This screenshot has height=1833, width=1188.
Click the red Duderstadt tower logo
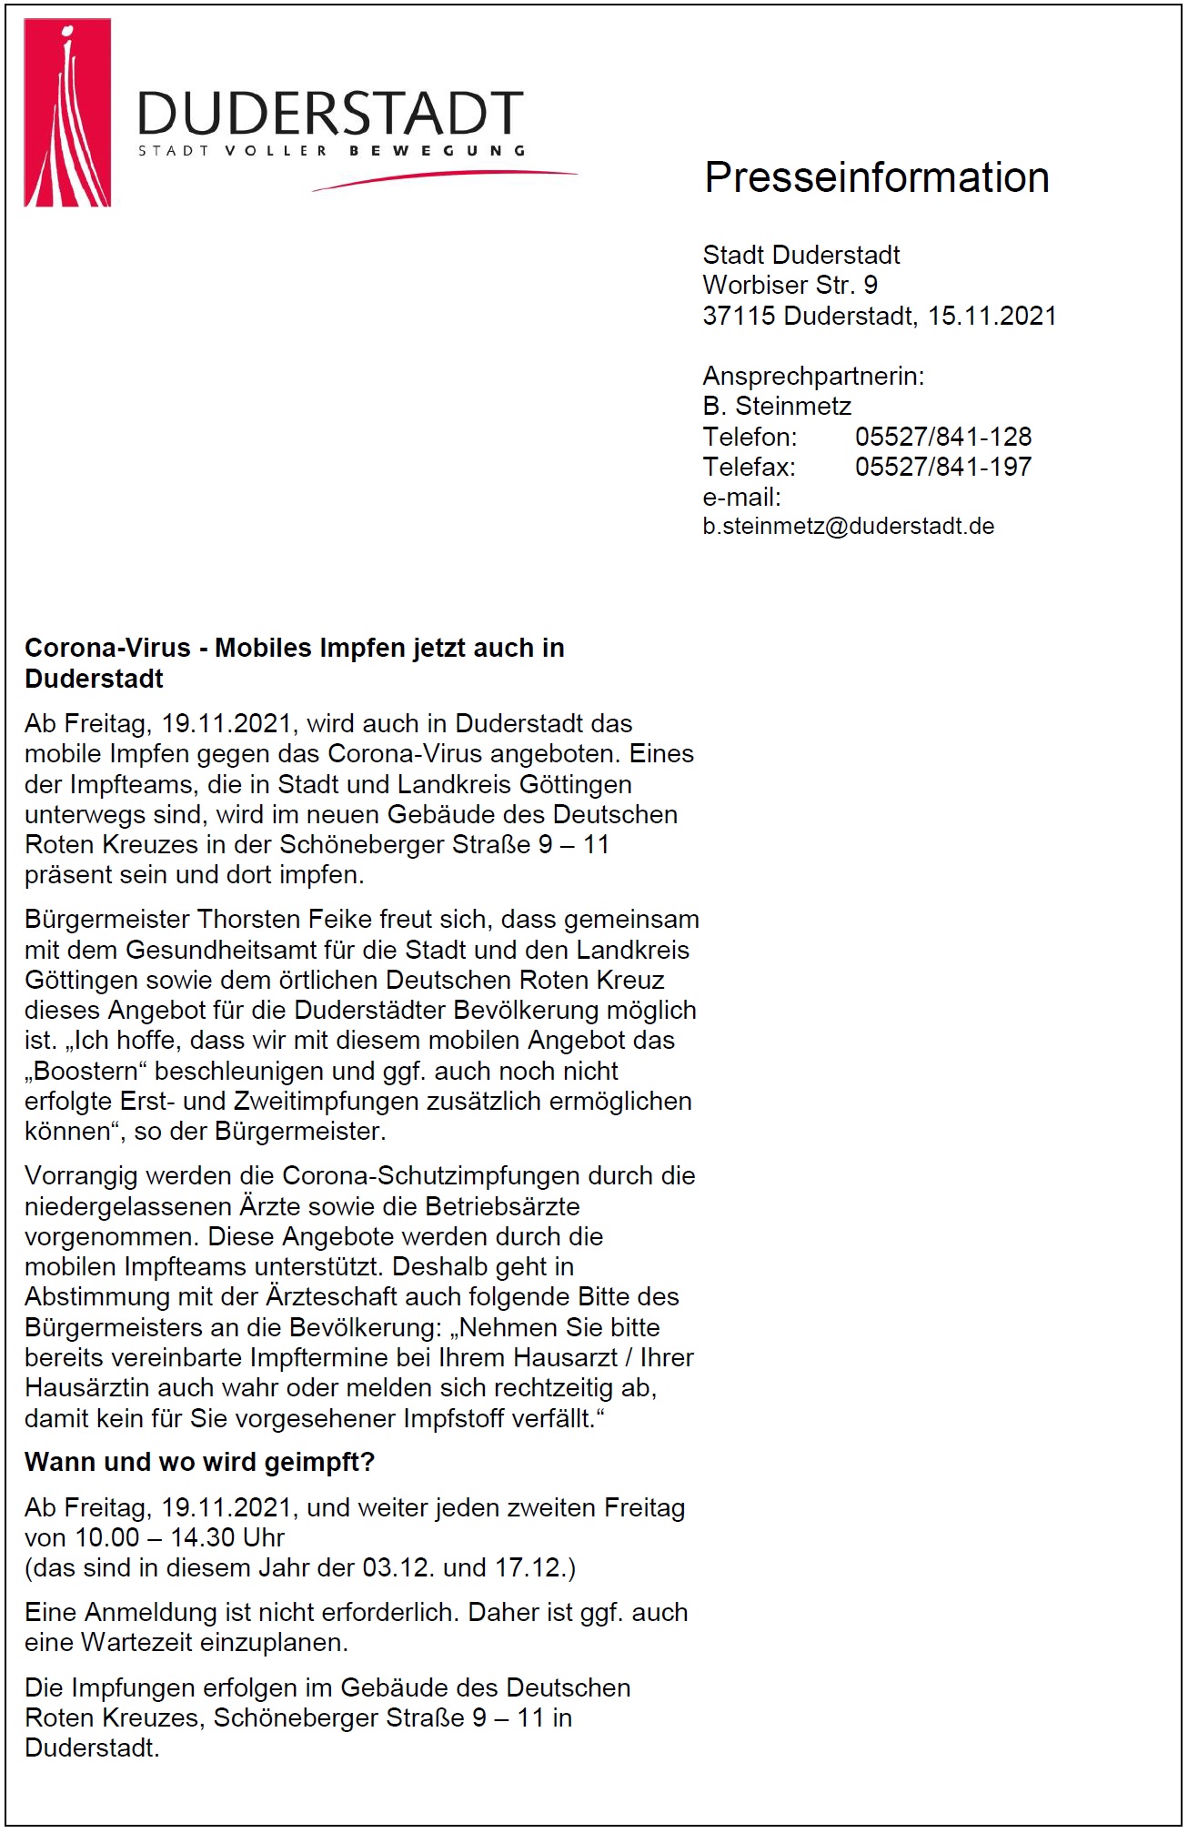pyautogui.click(x=67, y=113)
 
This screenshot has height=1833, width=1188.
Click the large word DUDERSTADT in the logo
pyautogui.click(x=330, y=114)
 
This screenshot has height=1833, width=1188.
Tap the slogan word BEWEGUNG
pyautogui.click(x=438, y=151)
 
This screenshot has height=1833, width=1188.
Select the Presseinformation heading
pyautogui.click(x=876, y=177)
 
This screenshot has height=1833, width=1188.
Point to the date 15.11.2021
pyautogui.click(x=992, y=316)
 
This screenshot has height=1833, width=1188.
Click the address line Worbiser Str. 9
pyautogui.click(x=790, y=285)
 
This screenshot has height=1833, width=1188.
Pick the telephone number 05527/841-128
pyautogui.click(x=942, y=437)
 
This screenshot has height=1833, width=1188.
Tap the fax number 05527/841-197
pyautogui.click(x=942, y=467)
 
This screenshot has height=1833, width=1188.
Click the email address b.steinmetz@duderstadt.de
pyautogui.click(x=848, y=526)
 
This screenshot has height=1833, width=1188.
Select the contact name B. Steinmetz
pyautogui.click(x=777, y=406)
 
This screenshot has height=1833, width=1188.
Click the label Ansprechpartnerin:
pyautogui.click(x=813, y=376)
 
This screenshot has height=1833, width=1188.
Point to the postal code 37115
pyautogui.click(x=739, y=316)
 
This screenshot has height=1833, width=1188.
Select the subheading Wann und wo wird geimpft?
pyautogui.click(x=199, y=1462)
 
